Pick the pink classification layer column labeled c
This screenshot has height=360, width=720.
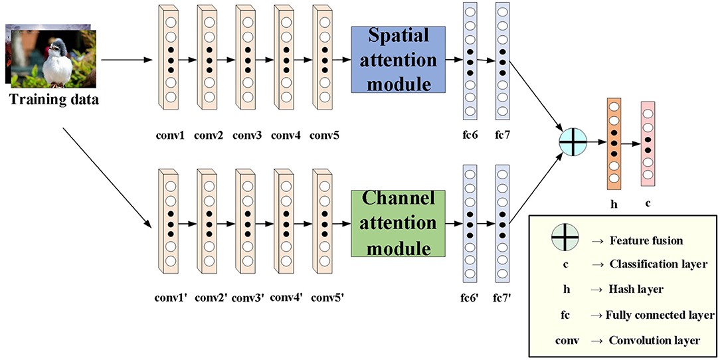tap(648, 143)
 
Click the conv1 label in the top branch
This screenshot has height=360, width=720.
tap(171, 135)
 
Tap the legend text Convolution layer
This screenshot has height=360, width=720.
tap(654, 340)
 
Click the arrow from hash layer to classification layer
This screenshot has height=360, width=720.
tap(631, 143)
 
